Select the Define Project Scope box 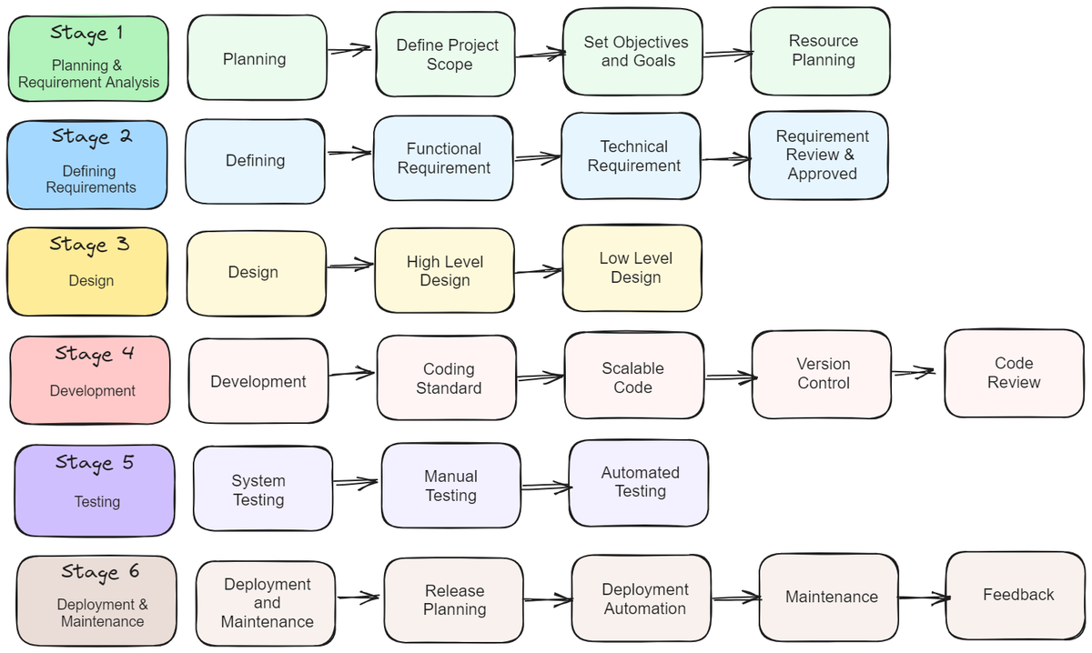point(446,55)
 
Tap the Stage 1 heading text point(86,33)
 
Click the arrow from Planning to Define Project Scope point(350,51)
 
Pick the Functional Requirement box point(443,158)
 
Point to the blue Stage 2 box point(88,165)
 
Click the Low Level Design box point(633,268)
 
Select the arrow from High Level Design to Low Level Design point(538,270)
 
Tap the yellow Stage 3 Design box point(88,271)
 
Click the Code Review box point(1014,373)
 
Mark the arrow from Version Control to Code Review point(913,371)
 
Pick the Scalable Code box point(634,377)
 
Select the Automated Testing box point(639,482)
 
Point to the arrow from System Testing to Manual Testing point(356,482)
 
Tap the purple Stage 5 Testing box point(95,491)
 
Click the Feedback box point(1016,595)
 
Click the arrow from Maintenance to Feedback point(922,598)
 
